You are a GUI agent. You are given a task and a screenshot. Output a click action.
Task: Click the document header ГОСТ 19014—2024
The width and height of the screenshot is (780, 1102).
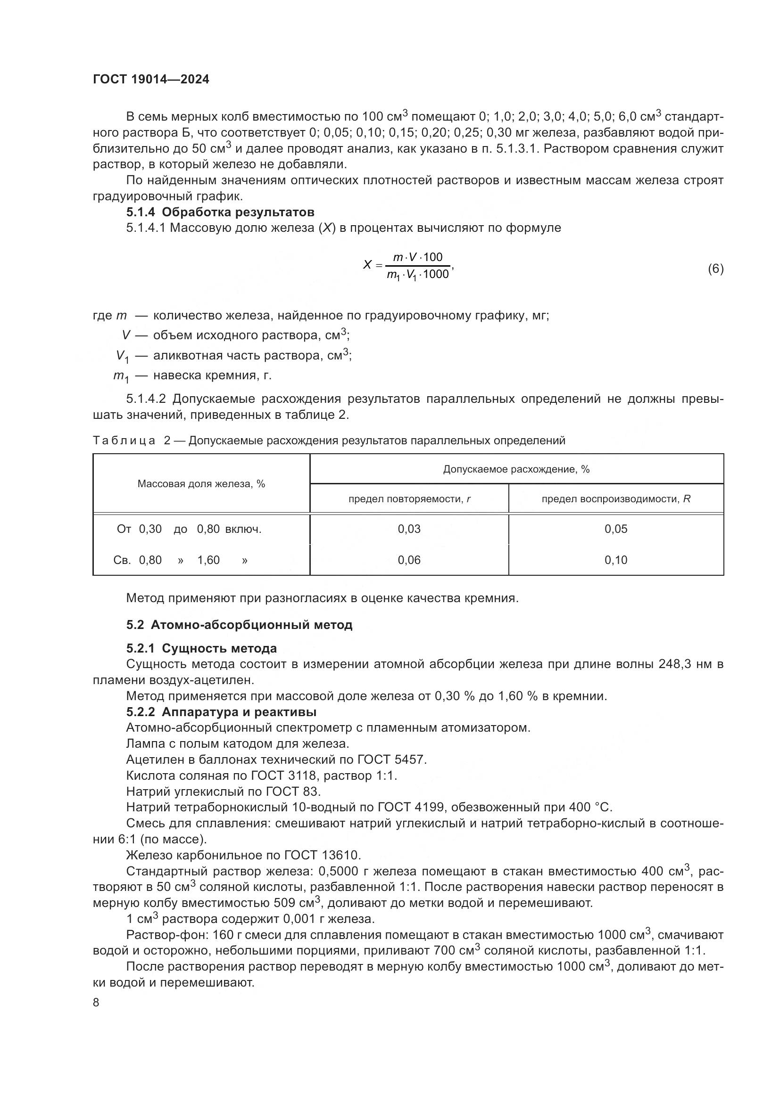[151, 80]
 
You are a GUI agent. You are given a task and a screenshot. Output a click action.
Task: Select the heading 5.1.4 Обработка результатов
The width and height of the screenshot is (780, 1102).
[220, 212]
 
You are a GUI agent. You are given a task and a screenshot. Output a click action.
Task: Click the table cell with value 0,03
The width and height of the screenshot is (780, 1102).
[409, 529]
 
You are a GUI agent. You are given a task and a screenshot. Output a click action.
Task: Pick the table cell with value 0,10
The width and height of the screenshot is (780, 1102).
[616, 560]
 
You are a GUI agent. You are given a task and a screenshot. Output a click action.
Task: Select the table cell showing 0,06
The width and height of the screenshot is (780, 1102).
[409, 560]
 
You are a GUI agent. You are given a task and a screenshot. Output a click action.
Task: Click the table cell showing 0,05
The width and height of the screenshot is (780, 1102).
[616, 529]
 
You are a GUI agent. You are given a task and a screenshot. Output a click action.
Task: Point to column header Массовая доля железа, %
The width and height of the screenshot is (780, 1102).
[201, 484]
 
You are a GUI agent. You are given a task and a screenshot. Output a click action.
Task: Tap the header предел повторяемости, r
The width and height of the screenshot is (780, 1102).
[409, 498]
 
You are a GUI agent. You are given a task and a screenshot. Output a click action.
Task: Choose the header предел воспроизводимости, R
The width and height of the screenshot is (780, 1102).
[616, 498]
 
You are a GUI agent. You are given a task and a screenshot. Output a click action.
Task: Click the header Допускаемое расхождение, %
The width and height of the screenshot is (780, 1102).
[516, 469]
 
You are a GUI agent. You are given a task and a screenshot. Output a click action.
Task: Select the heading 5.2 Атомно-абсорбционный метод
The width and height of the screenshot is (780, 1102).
[239, 625]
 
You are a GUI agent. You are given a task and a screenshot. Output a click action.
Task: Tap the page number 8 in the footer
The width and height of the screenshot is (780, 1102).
[96, 1002]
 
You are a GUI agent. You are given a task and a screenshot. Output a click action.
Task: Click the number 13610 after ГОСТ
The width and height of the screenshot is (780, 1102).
[340, 855]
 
